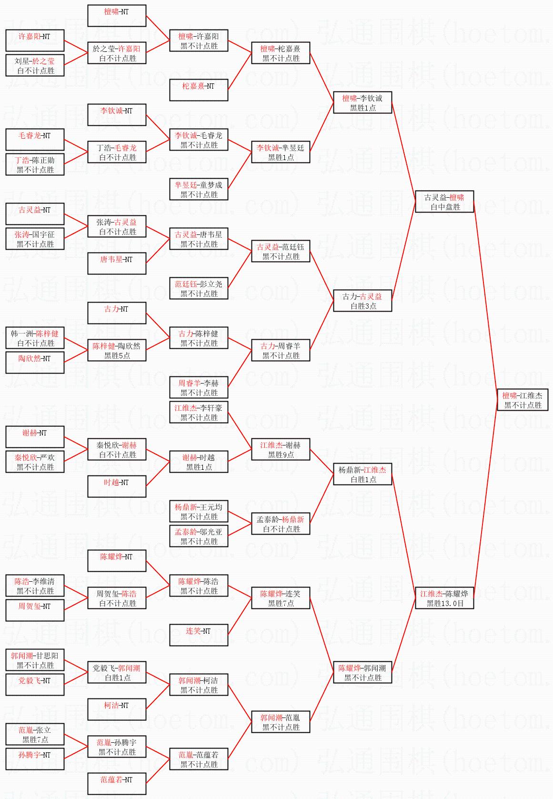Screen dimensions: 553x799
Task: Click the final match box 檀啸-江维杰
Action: (523, 400)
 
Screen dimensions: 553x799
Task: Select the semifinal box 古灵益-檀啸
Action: (444, 202)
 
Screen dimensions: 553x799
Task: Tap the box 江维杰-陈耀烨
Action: (444, 598)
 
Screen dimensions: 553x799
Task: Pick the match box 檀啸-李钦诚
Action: (362, 103)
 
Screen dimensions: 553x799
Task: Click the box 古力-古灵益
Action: (362, 301)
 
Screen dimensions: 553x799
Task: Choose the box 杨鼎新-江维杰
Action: (362, 475)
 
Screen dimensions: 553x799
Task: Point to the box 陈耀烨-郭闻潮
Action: (362, 673)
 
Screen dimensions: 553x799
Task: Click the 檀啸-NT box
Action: (117, 16)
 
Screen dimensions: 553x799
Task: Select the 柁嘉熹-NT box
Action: (199, 90)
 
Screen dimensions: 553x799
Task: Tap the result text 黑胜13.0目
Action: (445, 604)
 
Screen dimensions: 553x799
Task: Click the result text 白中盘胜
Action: (445, 207)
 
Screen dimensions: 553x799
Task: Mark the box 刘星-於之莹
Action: (35, 66)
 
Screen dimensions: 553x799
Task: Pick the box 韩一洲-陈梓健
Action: (35, 338)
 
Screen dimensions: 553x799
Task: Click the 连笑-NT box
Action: (199, 635)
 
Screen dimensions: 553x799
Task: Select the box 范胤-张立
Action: (35, 735)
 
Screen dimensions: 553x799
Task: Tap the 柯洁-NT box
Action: (117, 709)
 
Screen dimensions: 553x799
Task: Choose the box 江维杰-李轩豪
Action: (199, 413)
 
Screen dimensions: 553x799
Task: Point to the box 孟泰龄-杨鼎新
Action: (281, 524)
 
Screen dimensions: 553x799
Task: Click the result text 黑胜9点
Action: (281, 455)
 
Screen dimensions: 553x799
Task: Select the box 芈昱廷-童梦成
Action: (199, 190)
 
